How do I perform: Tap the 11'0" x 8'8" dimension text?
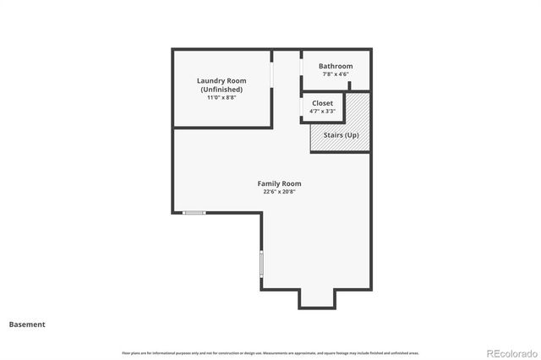pyautogui.click(x=221, y=97)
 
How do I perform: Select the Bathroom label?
pyautogui.click(x=336, y=66)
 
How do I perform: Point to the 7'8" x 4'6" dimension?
pyautogui.click(x=336, y=74)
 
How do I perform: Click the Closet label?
pyautogui.click(x=323, y=103)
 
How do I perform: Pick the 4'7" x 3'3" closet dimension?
pyautogui.click(x=323, y=111)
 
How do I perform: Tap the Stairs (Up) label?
pyautogui.click(x=341, y=135)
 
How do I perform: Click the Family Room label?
pyautogui.click(x=279, y=183)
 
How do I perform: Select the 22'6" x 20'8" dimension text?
pyautogui.click(x=279, y=192)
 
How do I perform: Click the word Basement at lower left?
pyautogui.click(x=27, y=324)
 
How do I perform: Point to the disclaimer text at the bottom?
pyautogui.click(x=270, y=352)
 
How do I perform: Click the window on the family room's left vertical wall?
pyautogui.click(x=261, y=265)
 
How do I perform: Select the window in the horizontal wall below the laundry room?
pyautogui.click(x=194, y=212)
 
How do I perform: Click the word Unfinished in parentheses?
pyautogui.click(x=221, y=90)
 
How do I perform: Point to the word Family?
pyautogui.click(x=268, y=183)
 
